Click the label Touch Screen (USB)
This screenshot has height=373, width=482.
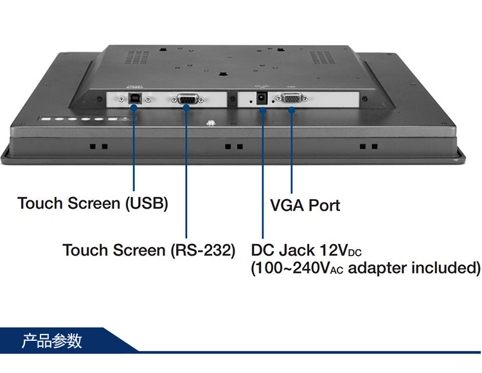coord(93,204)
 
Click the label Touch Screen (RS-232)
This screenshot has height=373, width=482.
coord(148,250)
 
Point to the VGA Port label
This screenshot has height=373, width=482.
coord(305,205)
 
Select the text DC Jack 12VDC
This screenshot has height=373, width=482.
coord(310,250)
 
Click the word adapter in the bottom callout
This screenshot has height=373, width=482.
coord(376,268)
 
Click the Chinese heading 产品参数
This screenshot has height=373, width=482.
coord(52,340)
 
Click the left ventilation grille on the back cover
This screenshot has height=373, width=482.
coord(136,57)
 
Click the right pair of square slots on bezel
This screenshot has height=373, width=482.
coord(369,146)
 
